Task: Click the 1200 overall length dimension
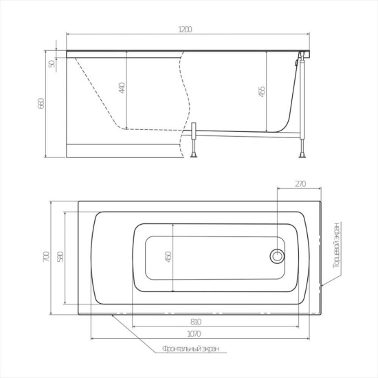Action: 185,30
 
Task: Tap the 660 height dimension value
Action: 41,103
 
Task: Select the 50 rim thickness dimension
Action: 52,64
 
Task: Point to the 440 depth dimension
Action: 122,88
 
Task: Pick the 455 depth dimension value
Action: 262,91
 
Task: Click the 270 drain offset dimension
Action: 300,184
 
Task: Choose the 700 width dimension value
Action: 46,256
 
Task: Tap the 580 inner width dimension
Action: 60,257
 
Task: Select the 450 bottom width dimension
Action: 168,257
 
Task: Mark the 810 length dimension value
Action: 196,322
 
